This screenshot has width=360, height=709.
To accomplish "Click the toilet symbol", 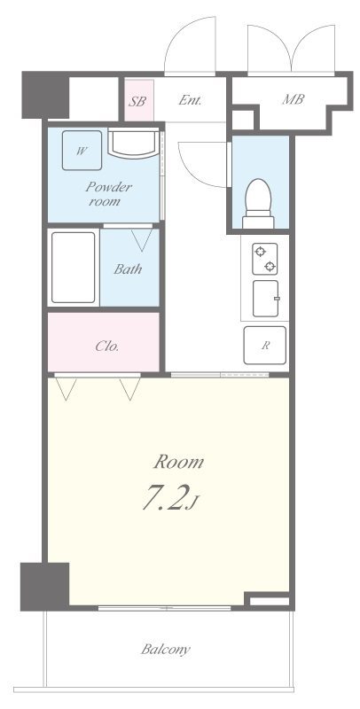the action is pos(258,204).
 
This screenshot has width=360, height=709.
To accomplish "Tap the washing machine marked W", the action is pos(82,151).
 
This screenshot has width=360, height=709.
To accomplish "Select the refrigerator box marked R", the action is pos(264,345).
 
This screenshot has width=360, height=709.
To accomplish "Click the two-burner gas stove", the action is pos(264,259).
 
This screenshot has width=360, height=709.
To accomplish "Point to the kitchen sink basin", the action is pos(265,299).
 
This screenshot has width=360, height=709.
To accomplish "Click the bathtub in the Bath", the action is pos(74,268).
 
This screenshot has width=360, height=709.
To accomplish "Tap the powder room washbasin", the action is pos(133,144).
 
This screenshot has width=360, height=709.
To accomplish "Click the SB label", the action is pos(137,101).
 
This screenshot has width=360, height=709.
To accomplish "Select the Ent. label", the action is pos(190,100).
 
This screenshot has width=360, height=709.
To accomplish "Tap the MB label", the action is pos(293,99).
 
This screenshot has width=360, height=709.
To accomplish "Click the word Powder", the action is pos(108,187).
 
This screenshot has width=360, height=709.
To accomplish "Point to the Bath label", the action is pos(128,269).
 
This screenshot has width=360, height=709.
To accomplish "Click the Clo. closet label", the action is pos(107,347).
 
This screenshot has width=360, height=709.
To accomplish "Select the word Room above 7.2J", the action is pos(178,462).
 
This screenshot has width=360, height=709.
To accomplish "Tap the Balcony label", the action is pos(166,650).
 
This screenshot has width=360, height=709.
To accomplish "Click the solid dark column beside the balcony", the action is pos(44,587).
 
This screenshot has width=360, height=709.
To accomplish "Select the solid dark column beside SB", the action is pos(45,95).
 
